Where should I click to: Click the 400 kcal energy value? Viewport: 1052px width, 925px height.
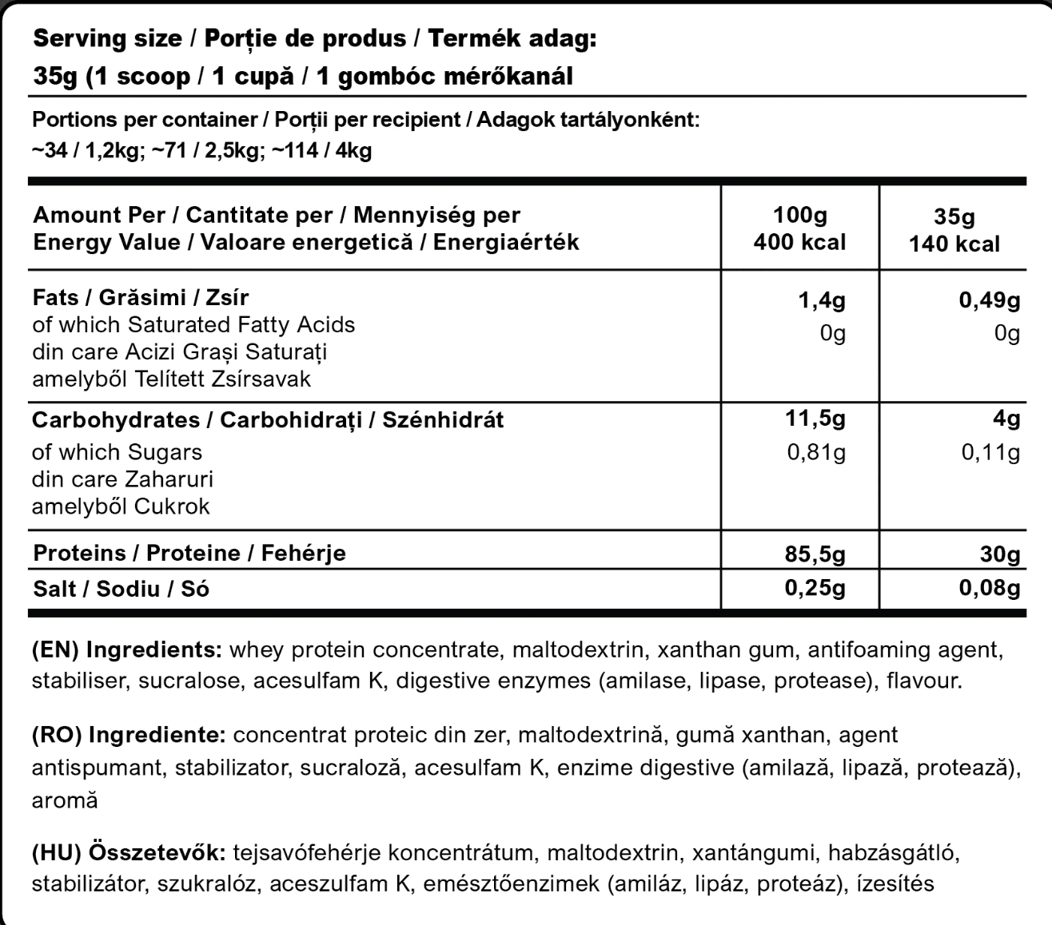[799, 242]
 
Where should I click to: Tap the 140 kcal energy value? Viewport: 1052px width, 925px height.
[954, 244]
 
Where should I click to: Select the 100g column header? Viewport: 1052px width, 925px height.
[800, 215]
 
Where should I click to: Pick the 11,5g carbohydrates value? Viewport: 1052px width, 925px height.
[815, 419]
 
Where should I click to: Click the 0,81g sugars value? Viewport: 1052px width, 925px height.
[816, 453]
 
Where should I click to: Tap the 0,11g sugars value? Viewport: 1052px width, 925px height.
[990, 453]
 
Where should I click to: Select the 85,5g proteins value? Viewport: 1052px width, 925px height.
[815, 554]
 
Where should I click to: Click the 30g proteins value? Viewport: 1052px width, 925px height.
[1000, 554]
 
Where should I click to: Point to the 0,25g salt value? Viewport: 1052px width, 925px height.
[815, 589]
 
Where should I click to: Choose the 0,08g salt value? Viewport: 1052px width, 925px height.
[989, 589]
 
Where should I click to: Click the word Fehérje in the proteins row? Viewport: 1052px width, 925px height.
[304, 553]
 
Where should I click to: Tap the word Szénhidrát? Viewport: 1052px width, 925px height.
[443, 420]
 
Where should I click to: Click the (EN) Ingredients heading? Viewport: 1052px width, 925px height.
[126, 649]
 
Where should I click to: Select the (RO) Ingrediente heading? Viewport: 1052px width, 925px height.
[128, 735]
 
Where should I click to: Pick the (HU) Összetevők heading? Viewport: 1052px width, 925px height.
[128, 852]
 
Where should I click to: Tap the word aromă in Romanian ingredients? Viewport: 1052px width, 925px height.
[65, 800]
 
